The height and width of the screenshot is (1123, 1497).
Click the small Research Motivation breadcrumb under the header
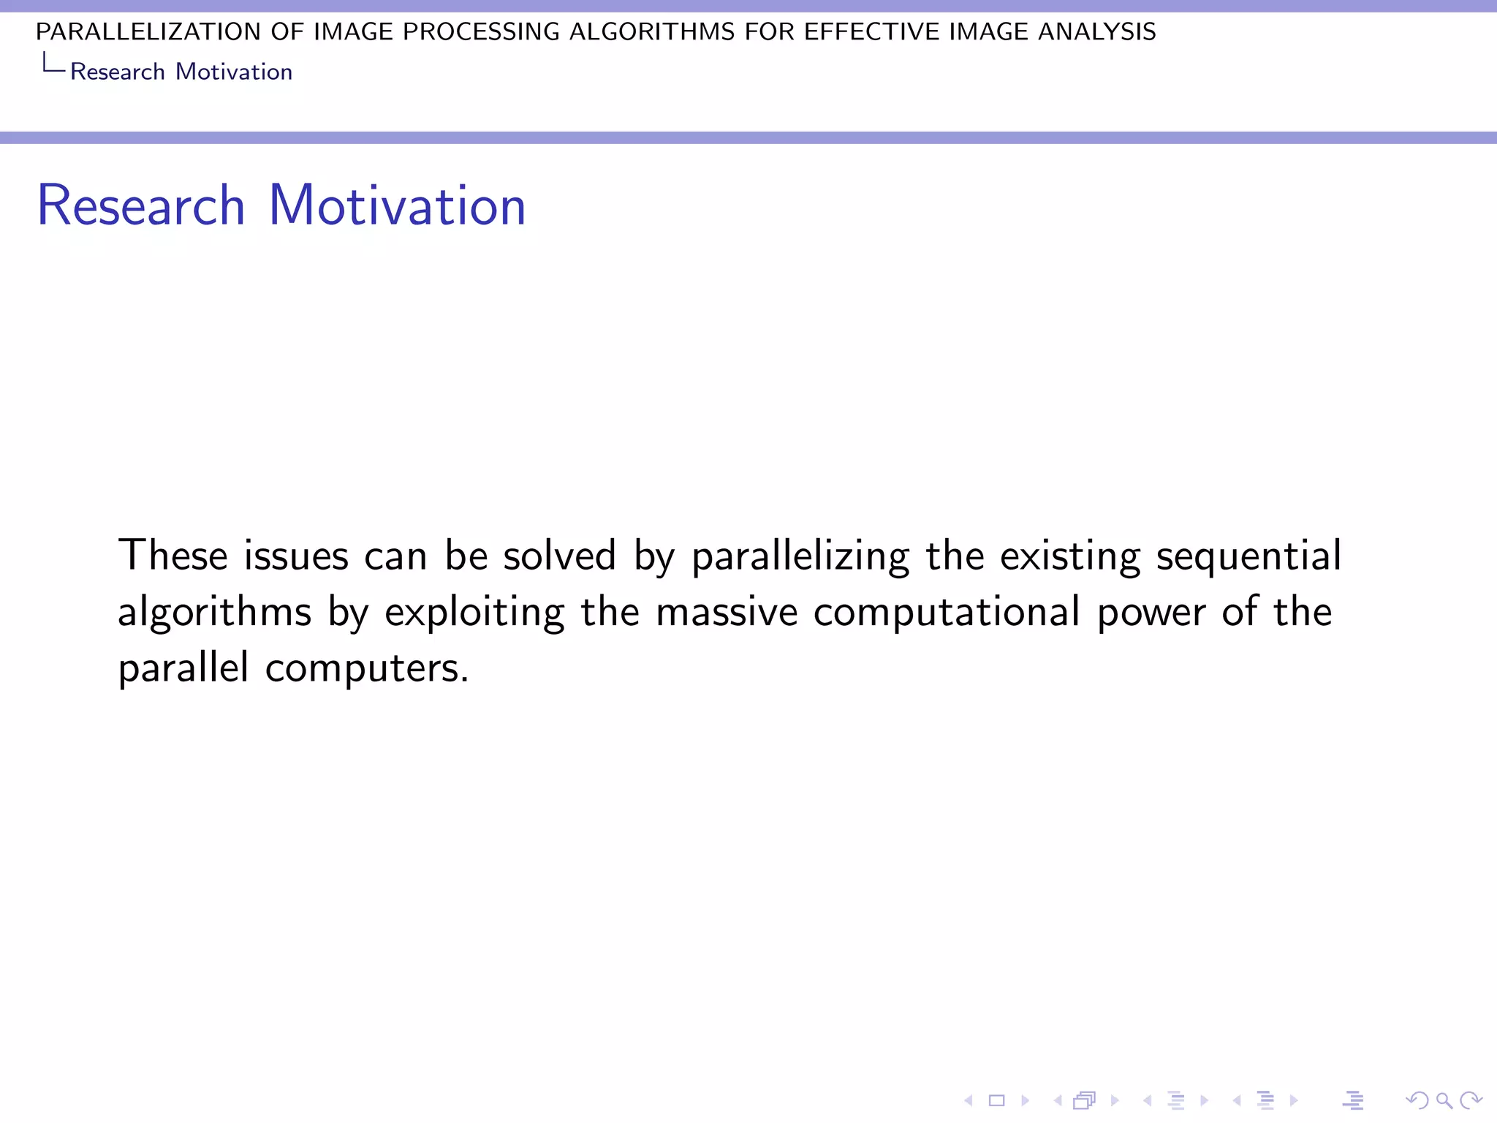click(x=181, y=72)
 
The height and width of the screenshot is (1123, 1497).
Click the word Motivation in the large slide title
click(x=397, y=205)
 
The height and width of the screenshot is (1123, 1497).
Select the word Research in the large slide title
click(x=141, y=205)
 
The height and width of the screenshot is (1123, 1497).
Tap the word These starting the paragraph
click(x=173, y=555)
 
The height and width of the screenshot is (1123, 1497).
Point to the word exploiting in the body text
click(x=474, y=613)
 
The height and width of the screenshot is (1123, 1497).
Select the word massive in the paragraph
click(x=726, y=613)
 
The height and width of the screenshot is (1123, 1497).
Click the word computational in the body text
click(x=946, y=613)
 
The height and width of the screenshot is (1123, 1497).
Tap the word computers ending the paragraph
click(x=366, y=669)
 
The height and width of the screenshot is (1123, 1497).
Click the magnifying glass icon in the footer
click(x=1444, y=1100)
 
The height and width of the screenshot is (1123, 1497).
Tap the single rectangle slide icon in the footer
click(x=997, y=1100)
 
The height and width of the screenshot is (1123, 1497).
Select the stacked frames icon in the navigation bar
click(x=1085, y=1100)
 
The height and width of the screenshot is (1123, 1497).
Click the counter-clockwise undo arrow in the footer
click(x=1417, y=1100)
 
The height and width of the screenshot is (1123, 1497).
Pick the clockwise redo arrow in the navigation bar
click(x=1471, y=1100)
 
